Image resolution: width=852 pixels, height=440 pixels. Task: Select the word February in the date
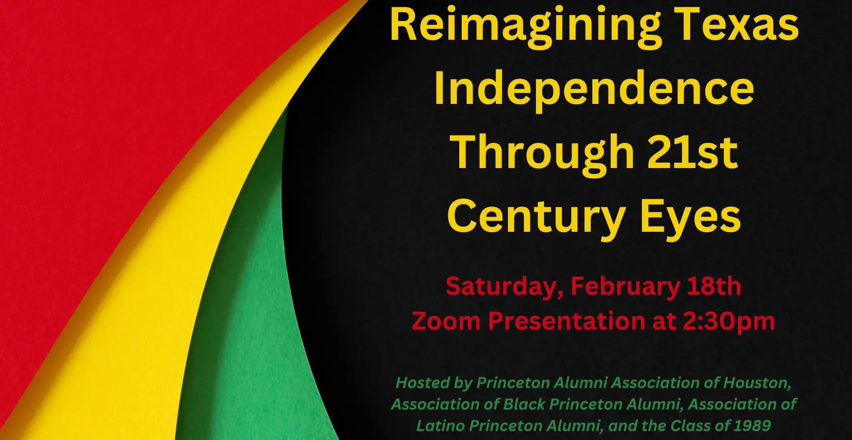tap(625, 287)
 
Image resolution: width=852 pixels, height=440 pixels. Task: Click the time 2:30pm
tap(729, 321)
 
